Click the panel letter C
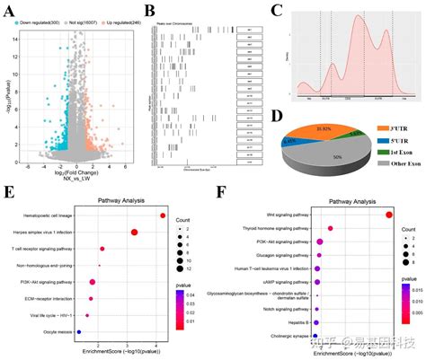click(277, 11)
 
